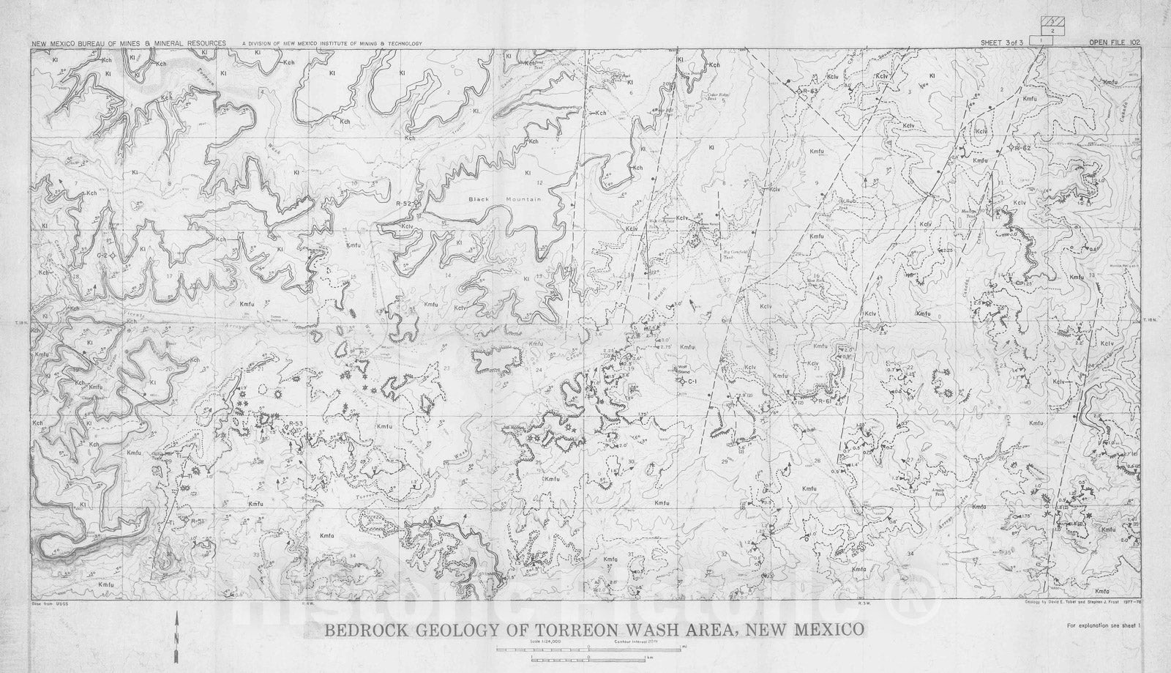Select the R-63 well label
(x=805, y=91)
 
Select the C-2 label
(x=102, y=254)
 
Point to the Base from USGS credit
(x=46, y=600)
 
